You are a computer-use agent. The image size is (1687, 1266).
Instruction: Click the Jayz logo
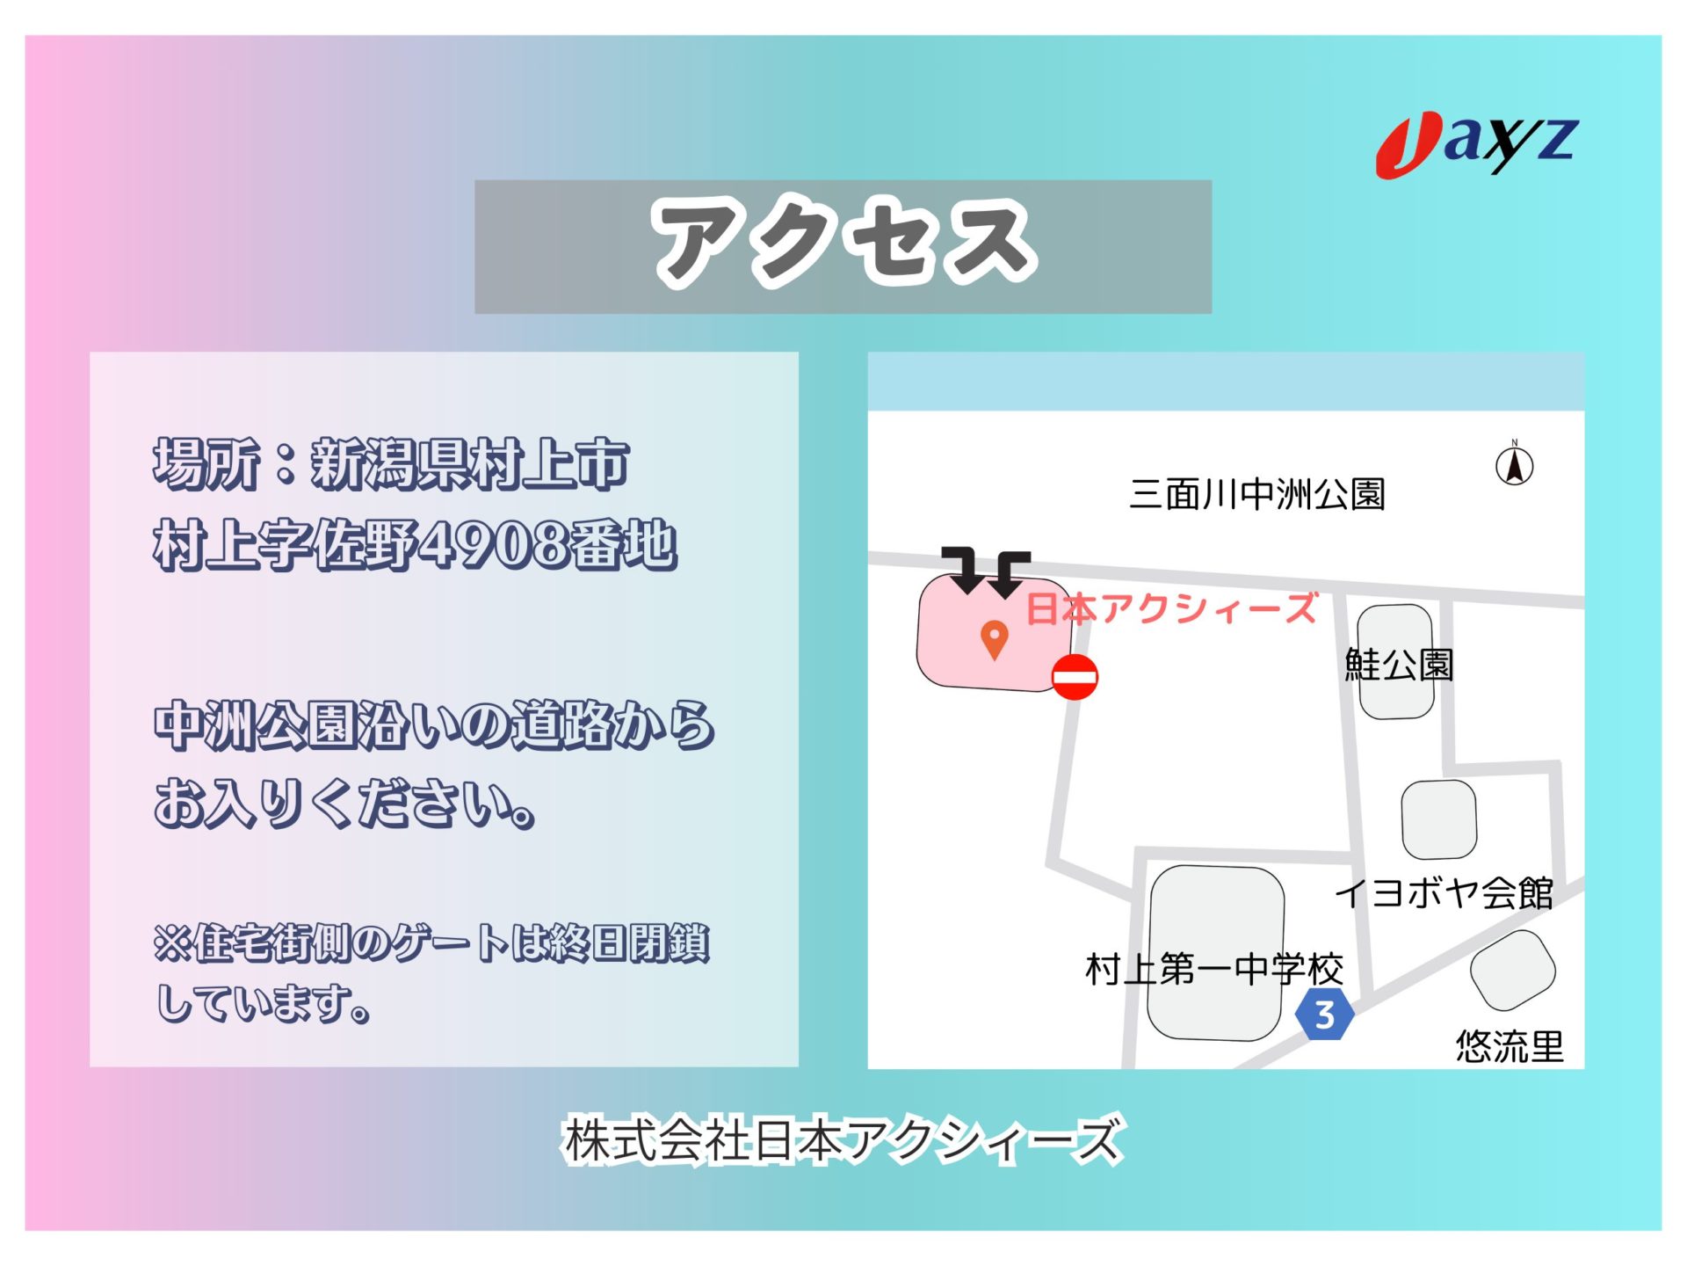pyautogui.click(x=1477, y=145)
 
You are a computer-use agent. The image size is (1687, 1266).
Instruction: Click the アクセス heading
pyautogui.click(x=843, y=243)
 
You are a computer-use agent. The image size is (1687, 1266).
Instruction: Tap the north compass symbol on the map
pyautogui.click(x=1514, y=464)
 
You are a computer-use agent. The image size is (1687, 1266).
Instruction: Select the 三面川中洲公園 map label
pyautogui.click(x=1257, y=494)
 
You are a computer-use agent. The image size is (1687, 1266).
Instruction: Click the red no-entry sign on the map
pyautogui.click(x=1075, y=677)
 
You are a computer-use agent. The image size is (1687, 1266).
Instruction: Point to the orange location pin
pyautogui.click(x=994, y=640)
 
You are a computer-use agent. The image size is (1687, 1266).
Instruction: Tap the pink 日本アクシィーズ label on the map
pyautogui.click(x=1172, y=608)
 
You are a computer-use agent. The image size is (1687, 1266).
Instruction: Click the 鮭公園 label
pyautogui.click(x=1399, y=665)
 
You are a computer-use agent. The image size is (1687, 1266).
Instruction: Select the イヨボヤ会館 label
pyautogui.click(x=1444, y=893)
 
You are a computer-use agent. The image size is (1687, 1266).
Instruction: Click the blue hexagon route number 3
pyautogui.click(x=1324, y=1014)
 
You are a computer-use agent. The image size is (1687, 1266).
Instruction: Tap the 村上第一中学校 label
pyautogui.click(x=1214, y=969)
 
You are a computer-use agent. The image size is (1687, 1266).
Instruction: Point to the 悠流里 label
pyautogui.click(x=1510, y=1046)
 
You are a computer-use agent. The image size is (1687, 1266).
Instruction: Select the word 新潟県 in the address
pyautogui.click(x=390, y=463)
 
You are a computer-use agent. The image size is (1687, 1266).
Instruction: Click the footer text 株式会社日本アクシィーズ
pyautogui.click(x=843, y=1140)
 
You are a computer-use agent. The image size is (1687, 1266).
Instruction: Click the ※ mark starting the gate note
pyautogui.click(x=172, y=942)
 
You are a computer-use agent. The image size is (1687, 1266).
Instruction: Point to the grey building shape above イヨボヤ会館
pyautogui.click(x=1438, y=819)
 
